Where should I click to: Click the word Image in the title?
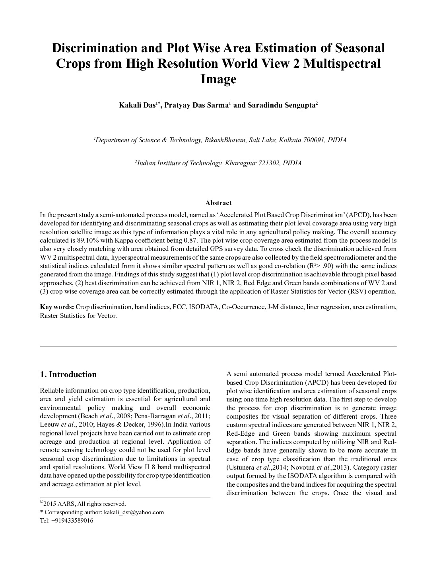pyautogui.click(x=218, y=79)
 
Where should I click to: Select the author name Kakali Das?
pyautogui.click(x=137, y=106)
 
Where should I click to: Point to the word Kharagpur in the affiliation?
pyautogui.click(x=241, y=163)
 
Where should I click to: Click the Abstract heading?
pyautogui.click(x=218, y=203)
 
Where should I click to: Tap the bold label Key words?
pyautogui.click(x=57, y=307)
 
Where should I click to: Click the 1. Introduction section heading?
pyautogui.click(x=68, y=374)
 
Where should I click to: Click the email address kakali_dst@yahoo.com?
pyautogui.click(x=134, y=512)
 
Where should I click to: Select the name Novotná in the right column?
pyautogui.click(x=303, y=468)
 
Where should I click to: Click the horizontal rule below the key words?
pyautogui.click(x=218, y=347)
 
